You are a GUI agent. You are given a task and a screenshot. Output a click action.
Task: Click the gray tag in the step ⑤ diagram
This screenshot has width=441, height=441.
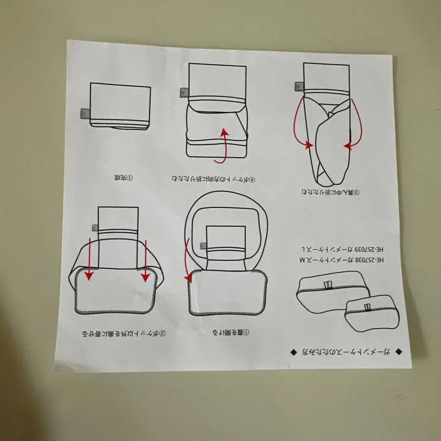click(83, 113)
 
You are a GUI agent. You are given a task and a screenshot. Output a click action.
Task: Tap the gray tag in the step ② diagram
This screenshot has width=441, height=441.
click(93, 228)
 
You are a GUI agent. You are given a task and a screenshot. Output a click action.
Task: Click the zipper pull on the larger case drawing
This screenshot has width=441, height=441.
click(328, 286)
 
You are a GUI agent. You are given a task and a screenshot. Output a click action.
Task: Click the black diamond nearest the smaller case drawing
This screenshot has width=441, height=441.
click(398, 351)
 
